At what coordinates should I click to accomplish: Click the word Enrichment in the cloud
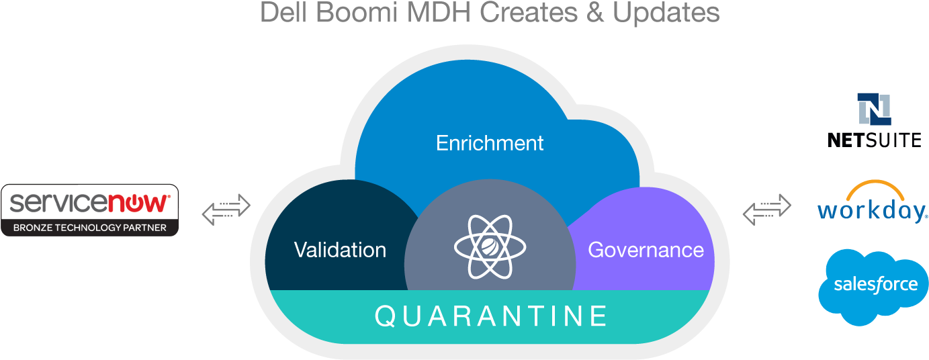pos(490,144)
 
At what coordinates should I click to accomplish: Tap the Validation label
pos(340,250)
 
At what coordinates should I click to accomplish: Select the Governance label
pos(646,250)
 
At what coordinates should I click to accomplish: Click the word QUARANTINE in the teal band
pos(490,316)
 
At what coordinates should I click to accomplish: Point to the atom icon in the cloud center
pos(490,246)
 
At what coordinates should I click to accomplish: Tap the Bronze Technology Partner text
pos(89,228)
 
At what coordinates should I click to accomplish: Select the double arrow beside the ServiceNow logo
pos(226,210)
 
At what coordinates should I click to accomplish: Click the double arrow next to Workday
pos(767,210)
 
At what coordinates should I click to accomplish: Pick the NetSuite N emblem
pos(874,109)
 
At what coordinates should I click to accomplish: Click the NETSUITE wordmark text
pos(875,140)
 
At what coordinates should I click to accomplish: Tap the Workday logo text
pos(872,211)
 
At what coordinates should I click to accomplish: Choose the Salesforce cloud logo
pos(873,287)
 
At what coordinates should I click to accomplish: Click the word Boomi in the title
pos(356,12)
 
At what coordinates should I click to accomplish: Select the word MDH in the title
pos(439,12)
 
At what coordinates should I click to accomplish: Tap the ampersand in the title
pos(594,12)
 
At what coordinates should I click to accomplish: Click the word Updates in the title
pos(666,13)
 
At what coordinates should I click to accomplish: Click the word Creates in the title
pos(529,12)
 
